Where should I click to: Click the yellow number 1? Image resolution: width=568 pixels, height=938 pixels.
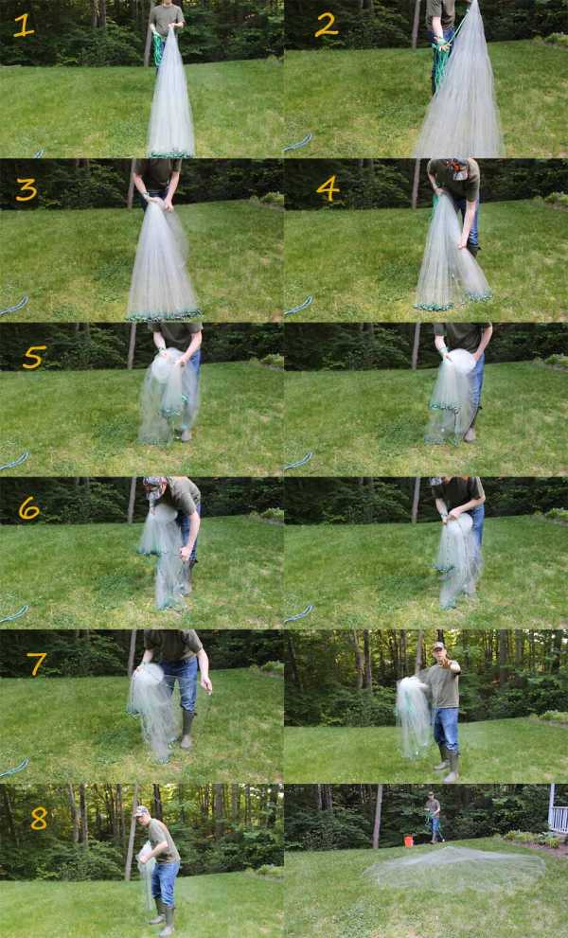pos(24,26)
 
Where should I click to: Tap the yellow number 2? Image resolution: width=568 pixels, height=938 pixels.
pos(327,25)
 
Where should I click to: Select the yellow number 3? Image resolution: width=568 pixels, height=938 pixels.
pos(27,189)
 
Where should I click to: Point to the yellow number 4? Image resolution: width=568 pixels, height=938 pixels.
pos(328,188)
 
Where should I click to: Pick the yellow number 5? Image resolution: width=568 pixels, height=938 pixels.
pos(34,357)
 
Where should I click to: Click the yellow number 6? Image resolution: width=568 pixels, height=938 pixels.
pos(28,508)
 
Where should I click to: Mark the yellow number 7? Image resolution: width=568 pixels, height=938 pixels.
pos(36,664)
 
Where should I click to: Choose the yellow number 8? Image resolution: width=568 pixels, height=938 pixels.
pos(38,819)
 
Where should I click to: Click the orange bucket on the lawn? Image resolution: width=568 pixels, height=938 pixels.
pos(409,841)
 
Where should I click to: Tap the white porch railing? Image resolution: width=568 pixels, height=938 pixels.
pos(558,815)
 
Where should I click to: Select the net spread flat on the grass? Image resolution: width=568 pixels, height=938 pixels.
pos(455,869)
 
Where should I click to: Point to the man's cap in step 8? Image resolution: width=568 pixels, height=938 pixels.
pos(141,810)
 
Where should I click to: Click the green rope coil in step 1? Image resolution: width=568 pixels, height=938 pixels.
pos(157,48)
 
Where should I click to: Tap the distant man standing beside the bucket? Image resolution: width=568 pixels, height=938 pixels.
pos(433,817)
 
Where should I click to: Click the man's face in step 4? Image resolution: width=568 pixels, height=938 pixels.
pos(459,171)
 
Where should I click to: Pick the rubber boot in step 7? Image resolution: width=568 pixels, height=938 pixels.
pos(186,730)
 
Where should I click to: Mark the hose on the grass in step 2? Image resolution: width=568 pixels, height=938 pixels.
pos(298,143)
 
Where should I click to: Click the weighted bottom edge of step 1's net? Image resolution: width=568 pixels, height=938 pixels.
pos(170,153)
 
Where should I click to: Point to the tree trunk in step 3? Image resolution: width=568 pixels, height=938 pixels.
pos(131,184)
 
